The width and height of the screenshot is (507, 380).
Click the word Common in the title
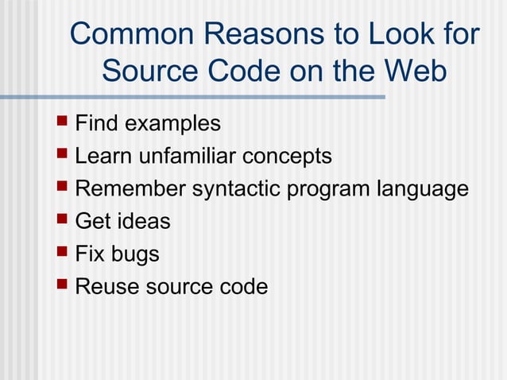[131, 34]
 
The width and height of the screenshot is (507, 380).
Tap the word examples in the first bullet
[172, 124]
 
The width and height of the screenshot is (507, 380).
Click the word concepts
[287, 157]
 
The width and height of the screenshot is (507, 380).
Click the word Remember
[130, 189]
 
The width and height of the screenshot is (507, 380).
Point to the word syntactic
[235, 190]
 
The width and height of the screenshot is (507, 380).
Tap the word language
[423, 190]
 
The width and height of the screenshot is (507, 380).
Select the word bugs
[134, 255]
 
